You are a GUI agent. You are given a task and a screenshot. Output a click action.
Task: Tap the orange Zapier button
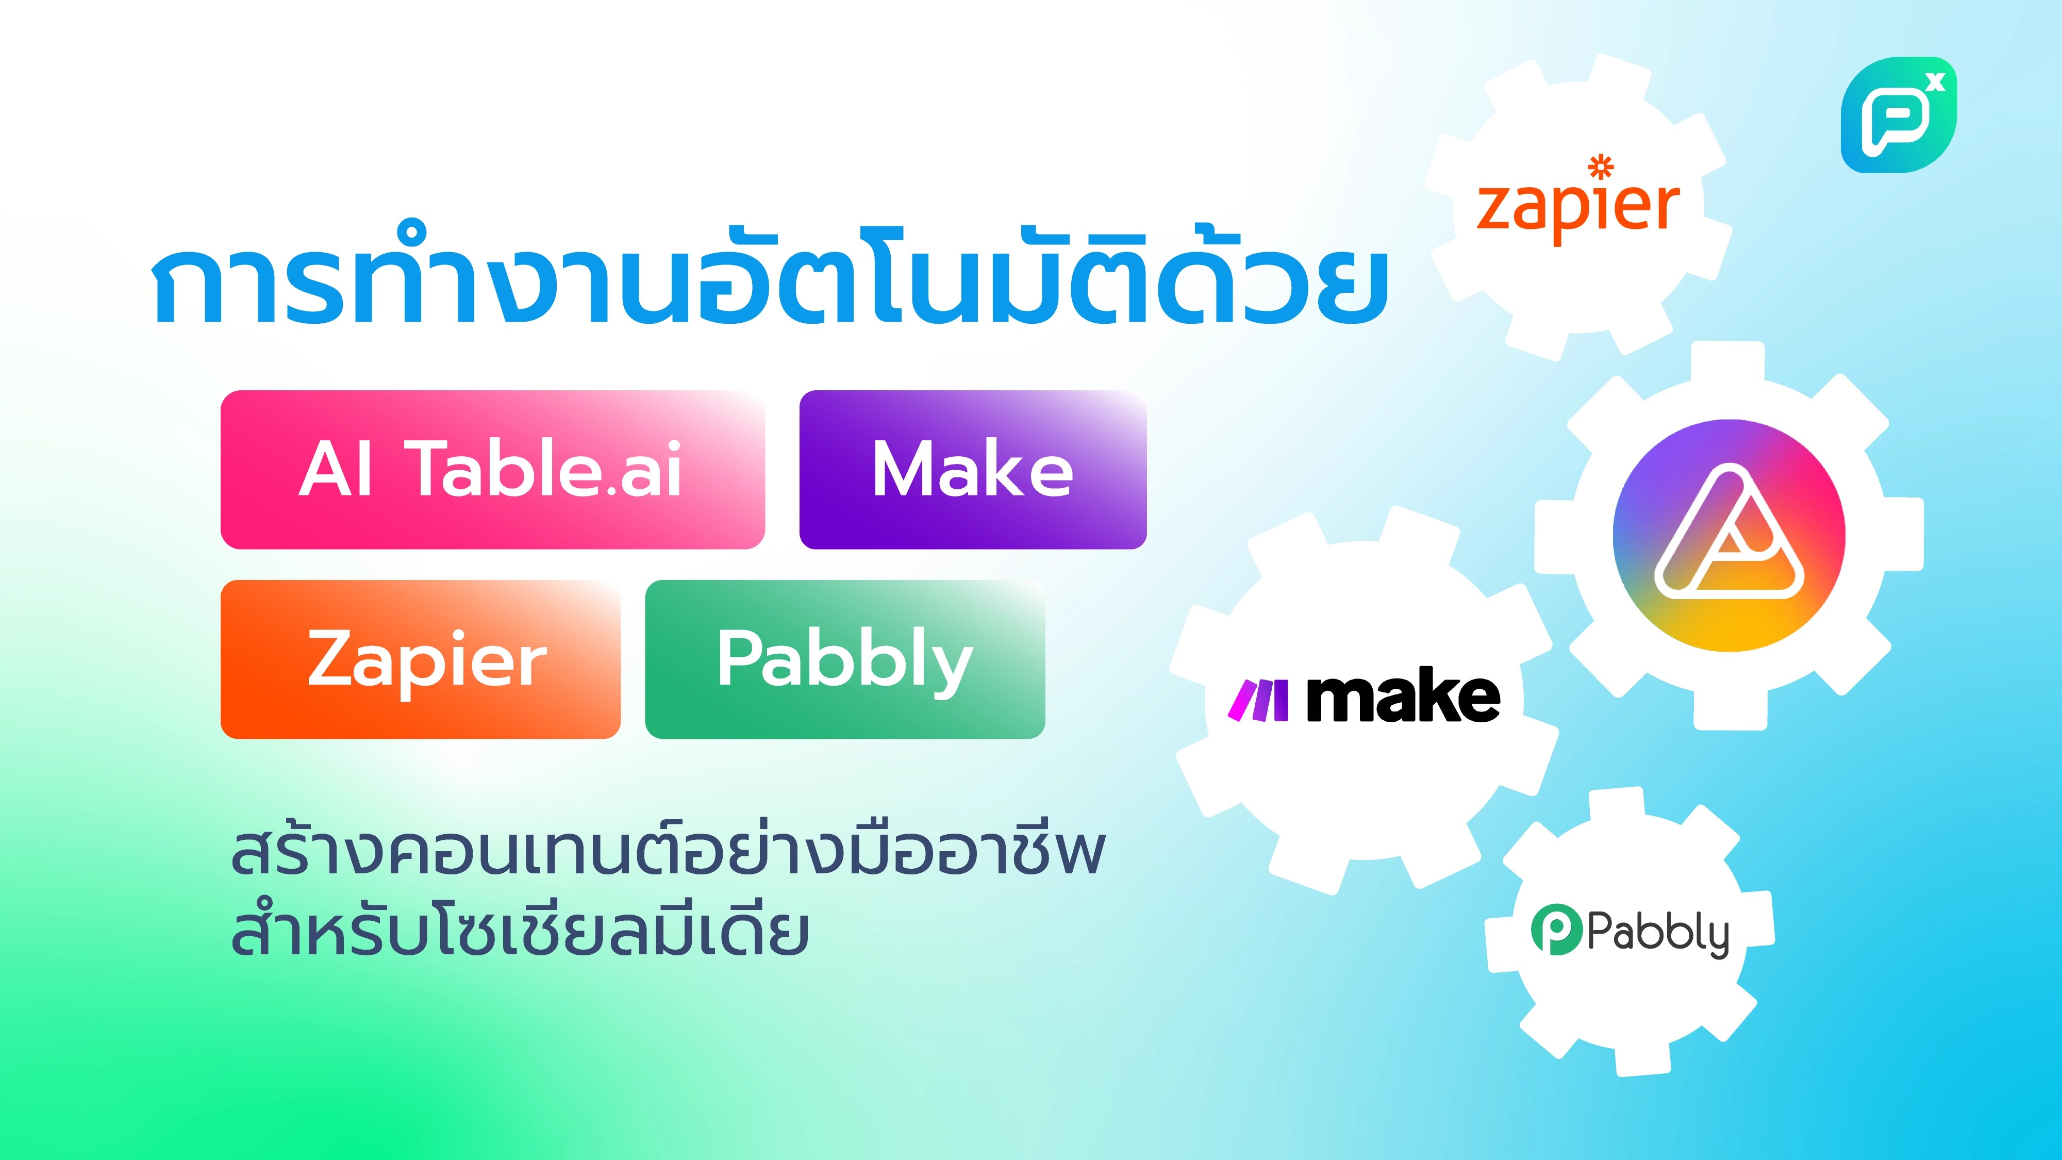click(x=420, y=659)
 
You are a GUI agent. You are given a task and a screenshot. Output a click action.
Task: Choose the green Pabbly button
click(x=844, y=659)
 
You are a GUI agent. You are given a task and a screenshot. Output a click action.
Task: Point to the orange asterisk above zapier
click(x=1601, y=167)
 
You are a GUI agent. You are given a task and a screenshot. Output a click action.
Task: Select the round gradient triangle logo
click(x=1729, y=535)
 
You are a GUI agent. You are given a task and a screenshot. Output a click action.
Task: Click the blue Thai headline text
click(x=769, y=280)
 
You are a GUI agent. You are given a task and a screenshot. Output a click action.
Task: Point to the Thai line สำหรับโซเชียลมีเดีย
click(x=520, y=933)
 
